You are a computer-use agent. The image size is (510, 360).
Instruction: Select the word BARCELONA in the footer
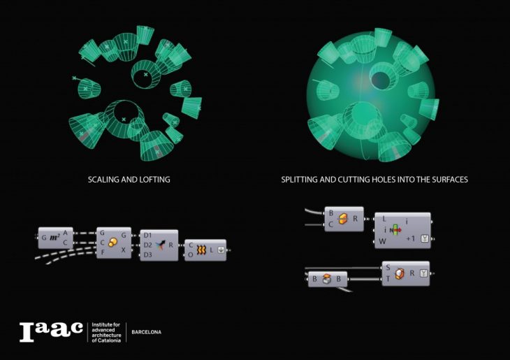pyautogui.click(x=147, y=332)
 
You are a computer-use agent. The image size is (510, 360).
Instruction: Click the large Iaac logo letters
pyautogui.click(x=51, y=331)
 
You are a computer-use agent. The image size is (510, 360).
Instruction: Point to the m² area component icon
pyautogui.click(x=54, y=238)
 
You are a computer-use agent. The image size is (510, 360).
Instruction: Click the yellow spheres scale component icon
pyautogui.click(x=112, y=243)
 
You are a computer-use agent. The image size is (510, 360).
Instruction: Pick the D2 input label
pyautogui.click(x=147, y=245)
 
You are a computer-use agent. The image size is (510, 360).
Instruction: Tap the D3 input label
pyautogui.click(x=147, y=254)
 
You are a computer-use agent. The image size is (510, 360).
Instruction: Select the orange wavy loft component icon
pyautogui.click(x=201, y=250)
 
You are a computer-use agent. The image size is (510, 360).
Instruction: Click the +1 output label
pyautogui.click(x=411, y=238)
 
